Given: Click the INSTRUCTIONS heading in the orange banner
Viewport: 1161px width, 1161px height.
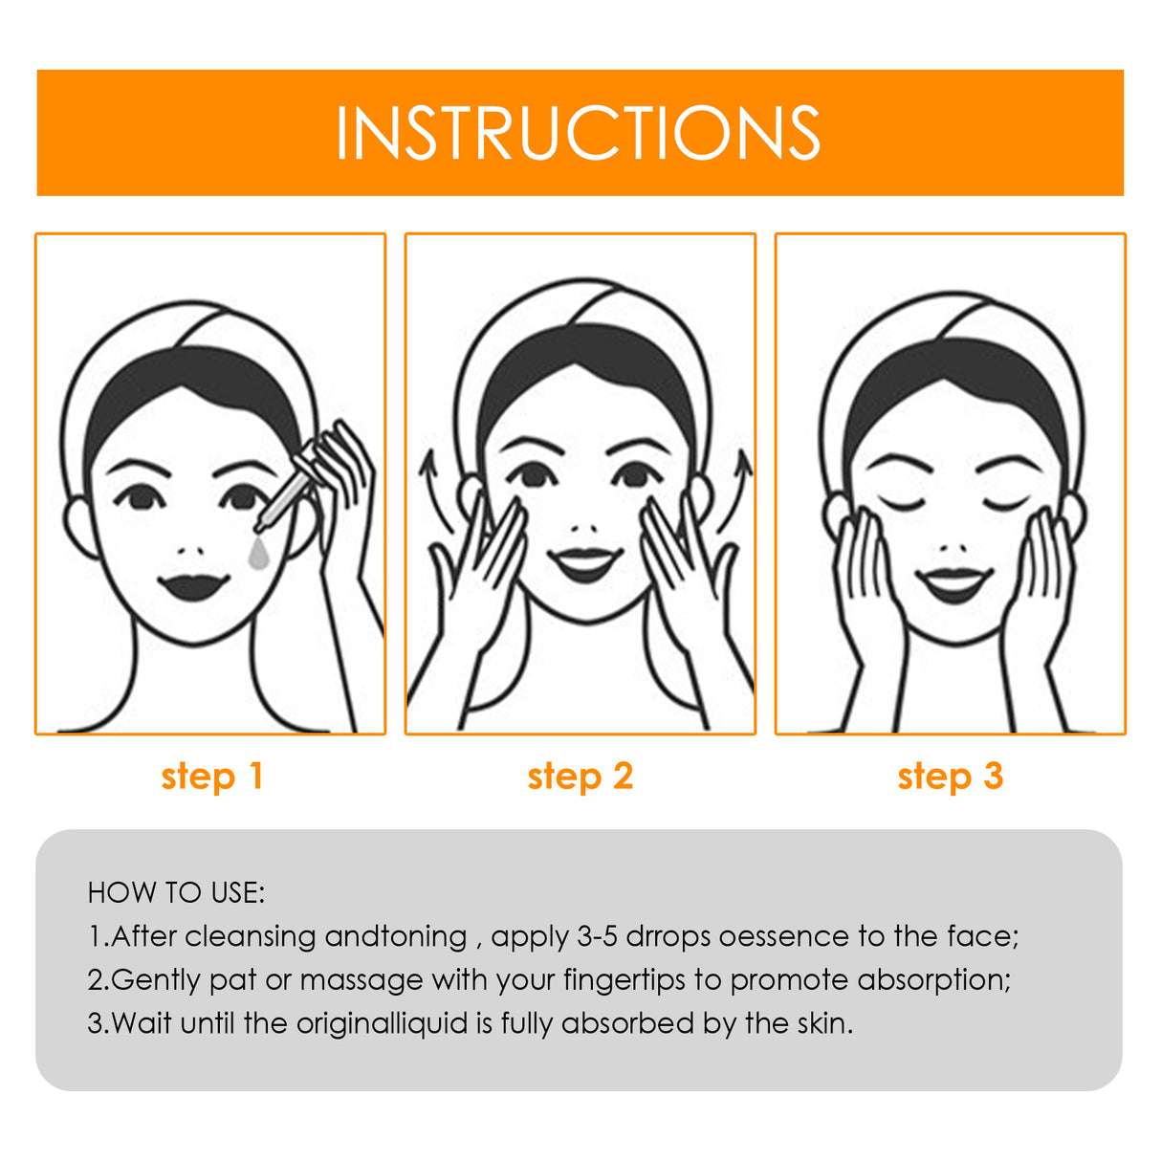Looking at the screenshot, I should tap(578, 133).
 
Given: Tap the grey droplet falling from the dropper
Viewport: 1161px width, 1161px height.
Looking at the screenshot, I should tap(258, 554).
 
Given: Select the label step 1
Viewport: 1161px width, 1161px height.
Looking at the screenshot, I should tap(211, 777).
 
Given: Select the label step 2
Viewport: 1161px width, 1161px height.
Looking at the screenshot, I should tap(580, 777).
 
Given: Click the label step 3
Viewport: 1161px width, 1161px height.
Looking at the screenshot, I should tap(950, 777).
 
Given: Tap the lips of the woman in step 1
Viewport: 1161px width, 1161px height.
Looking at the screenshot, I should tap(194, 584).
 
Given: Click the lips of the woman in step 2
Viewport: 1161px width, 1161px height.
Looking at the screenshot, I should tap(585, 563).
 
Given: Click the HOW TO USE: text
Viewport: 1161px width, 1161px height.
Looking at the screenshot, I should tap(176, 893).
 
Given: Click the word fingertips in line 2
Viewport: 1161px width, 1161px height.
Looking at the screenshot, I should tap(625, 980).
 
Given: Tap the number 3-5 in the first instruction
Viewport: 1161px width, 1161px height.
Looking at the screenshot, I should tap(597, 935).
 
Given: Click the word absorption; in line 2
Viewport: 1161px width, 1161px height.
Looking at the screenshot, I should tap(934, 980).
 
